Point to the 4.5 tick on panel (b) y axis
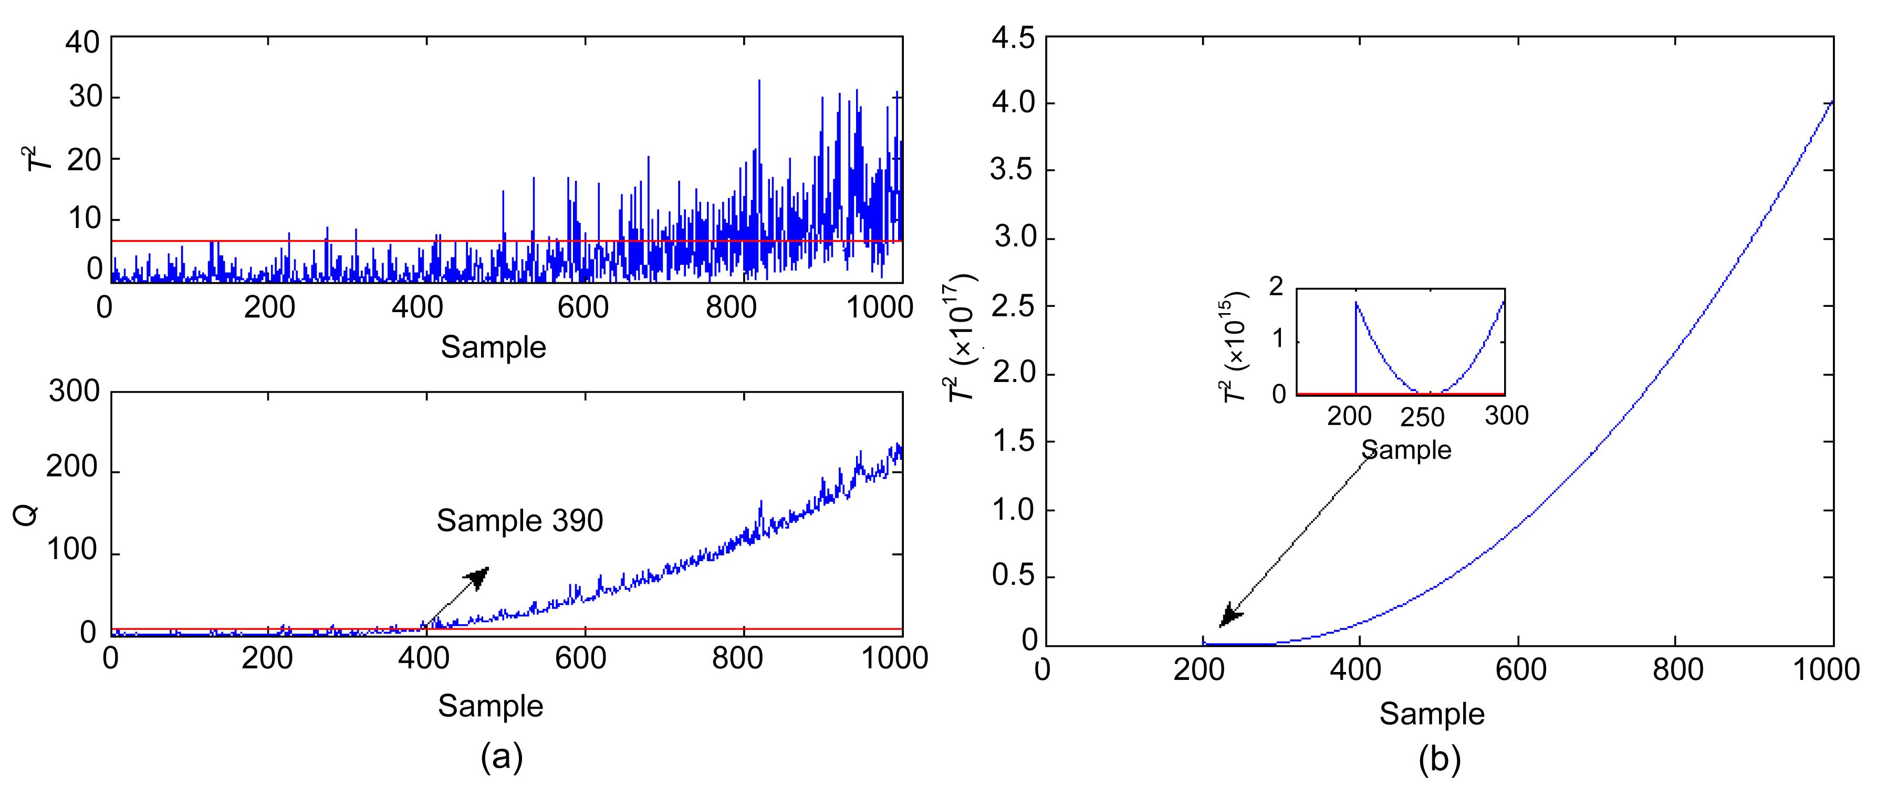[1013, 37]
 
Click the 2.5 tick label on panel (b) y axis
[1013, 306]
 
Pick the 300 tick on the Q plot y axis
[74, 391]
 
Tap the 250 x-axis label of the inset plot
[1423, 418]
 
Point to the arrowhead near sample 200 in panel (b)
[1230, 616]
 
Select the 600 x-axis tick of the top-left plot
[583, 307]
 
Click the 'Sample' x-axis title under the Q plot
[491, 706]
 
